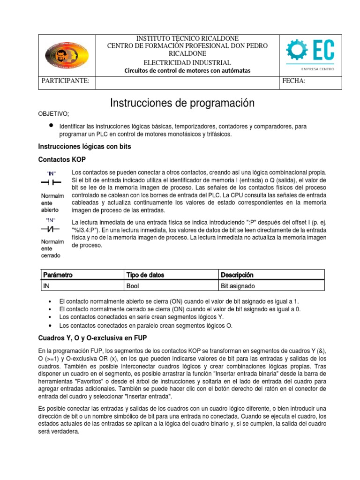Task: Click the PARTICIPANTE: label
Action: coord(66,81)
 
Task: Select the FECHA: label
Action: coord(294,81)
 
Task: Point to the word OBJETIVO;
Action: coord(53,114)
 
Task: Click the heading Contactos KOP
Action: coord(61,159)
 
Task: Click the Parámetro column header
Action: coord(58,275)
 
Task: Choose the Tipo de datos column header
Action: coord(145,275)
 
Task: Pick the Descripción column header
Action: coord(237,275)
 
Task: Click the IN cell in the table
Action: coord(46,285)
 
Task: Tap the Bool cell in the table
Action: coord(133,285)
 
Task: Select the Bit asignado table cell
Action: coord(238,285)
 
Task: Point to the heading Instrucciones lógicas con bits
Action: coord(84,147)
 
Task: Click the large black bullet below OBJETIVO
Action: coord(50,126)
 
